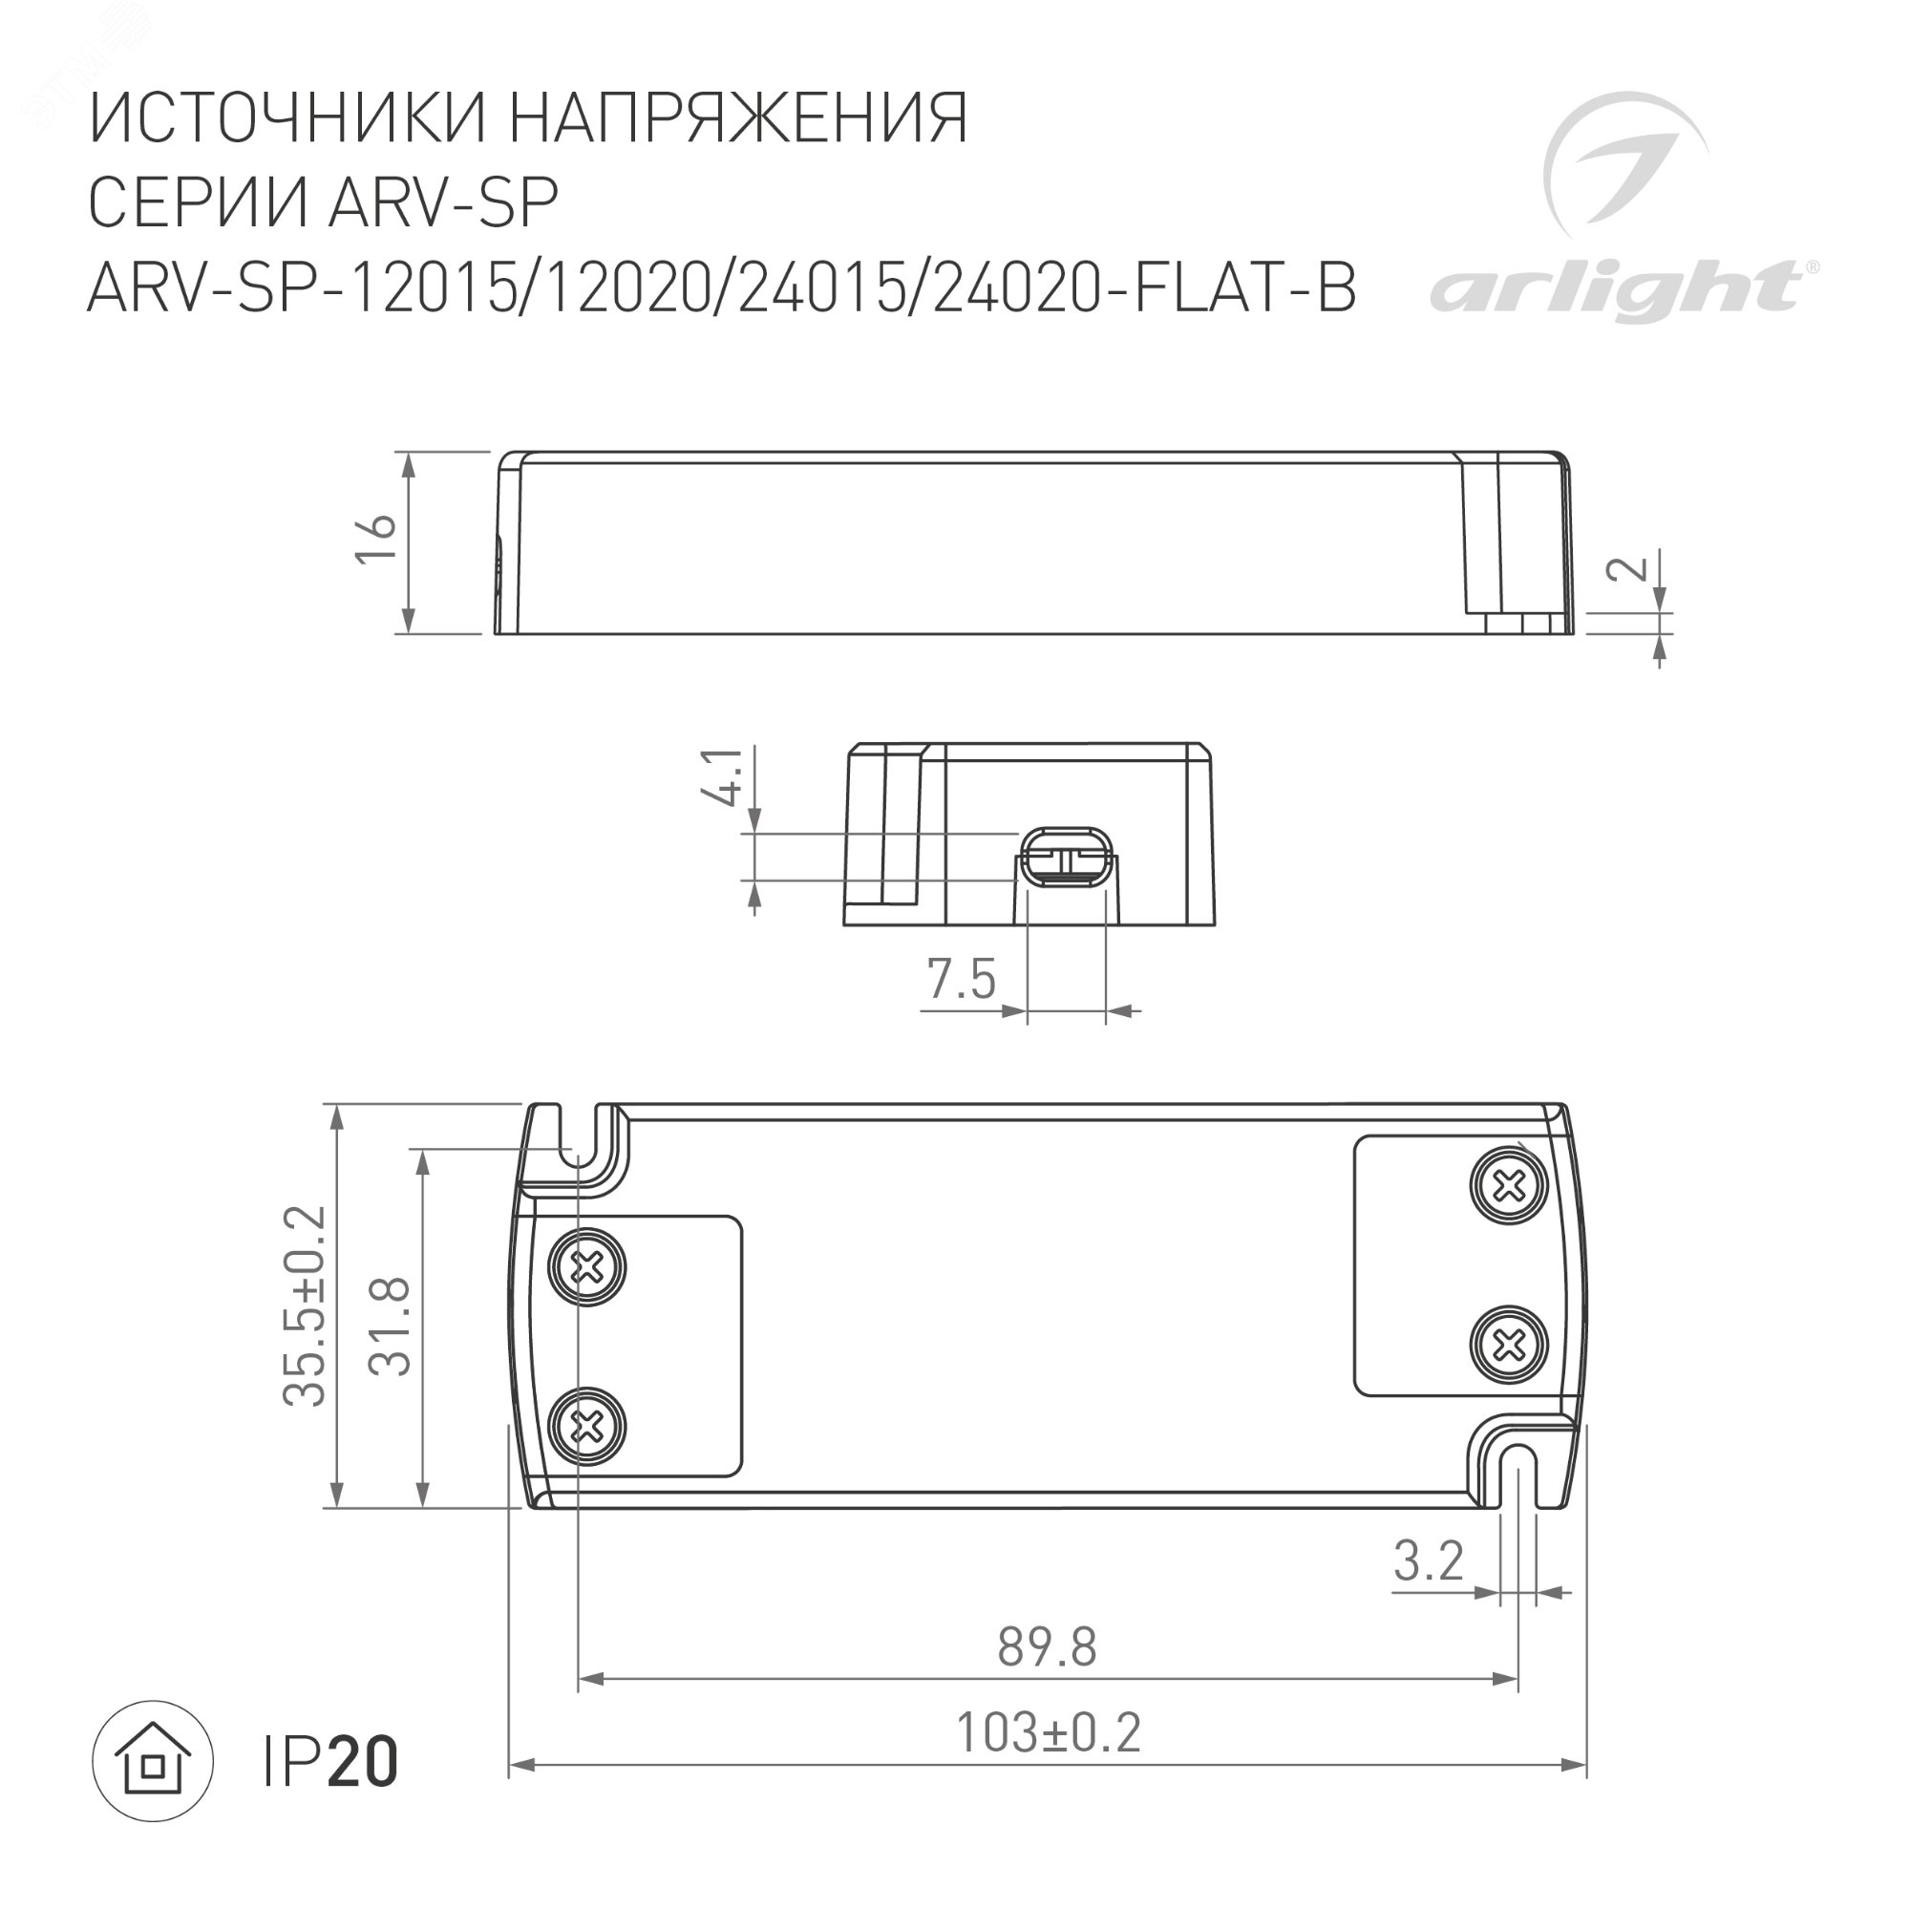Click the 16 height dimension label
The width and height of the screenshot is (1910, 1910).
click(x=376, y=540)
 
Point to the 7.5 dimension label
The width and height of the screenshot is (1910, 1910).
click(x=961, y=980)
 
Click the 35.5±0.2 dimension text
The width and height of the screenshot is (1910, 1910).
click(x=305, y=1305)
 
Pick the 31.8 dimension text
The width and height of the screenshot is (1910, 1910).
click(x=391, y=1326)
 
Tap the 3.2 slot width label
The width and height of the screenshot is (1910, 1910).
click(x=1429, y=1562)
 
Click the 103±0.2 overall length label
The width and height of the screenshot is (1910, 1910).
click(x=1048, y=1733)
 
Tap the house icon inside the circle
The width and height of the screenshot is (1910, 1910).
click(x=153, y=1761)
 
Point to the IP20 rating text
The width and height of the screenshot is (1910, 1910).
click(x=330, y=1763)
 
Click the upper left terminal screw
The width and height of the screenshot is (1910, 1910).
click(x=588, y=1266)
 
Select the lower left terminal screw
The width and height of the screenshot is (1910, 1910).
click(x=588, y=1426)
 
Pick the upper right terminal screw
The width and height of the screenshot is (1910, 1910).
click(x=1508, y=1184)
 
